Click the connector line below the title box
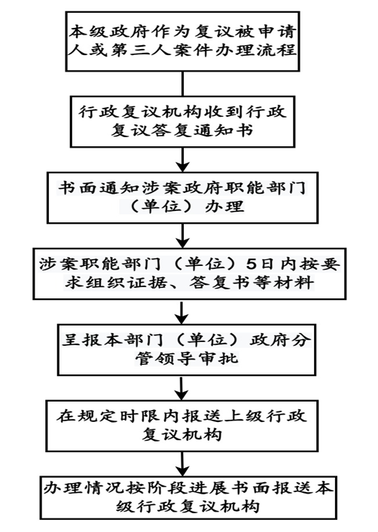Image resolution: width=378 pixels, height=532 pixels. pyautogui.click(x=183, y=84)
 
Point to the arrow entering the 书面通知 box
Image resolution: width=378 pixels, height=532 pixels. pyautogui.click(x=183, y=160)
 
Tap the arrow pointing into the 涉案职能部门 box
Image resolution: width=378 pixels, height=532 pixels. pyautogui.click(x=183, y=236)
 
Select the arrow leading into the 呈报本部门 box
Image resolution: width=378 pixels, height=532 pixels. pyautogui.click(x=182, y=312)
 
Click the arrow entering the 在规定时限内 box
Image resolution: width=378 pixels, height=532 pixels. pyautogui.click(x=181, y=388)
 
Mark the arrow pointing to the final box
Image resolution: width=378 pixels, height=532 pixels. pyautogui.click(x=182, y=464)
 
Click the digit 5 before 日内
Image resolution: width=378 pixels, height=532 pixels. pyautogui.click(x=251, y=264)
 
